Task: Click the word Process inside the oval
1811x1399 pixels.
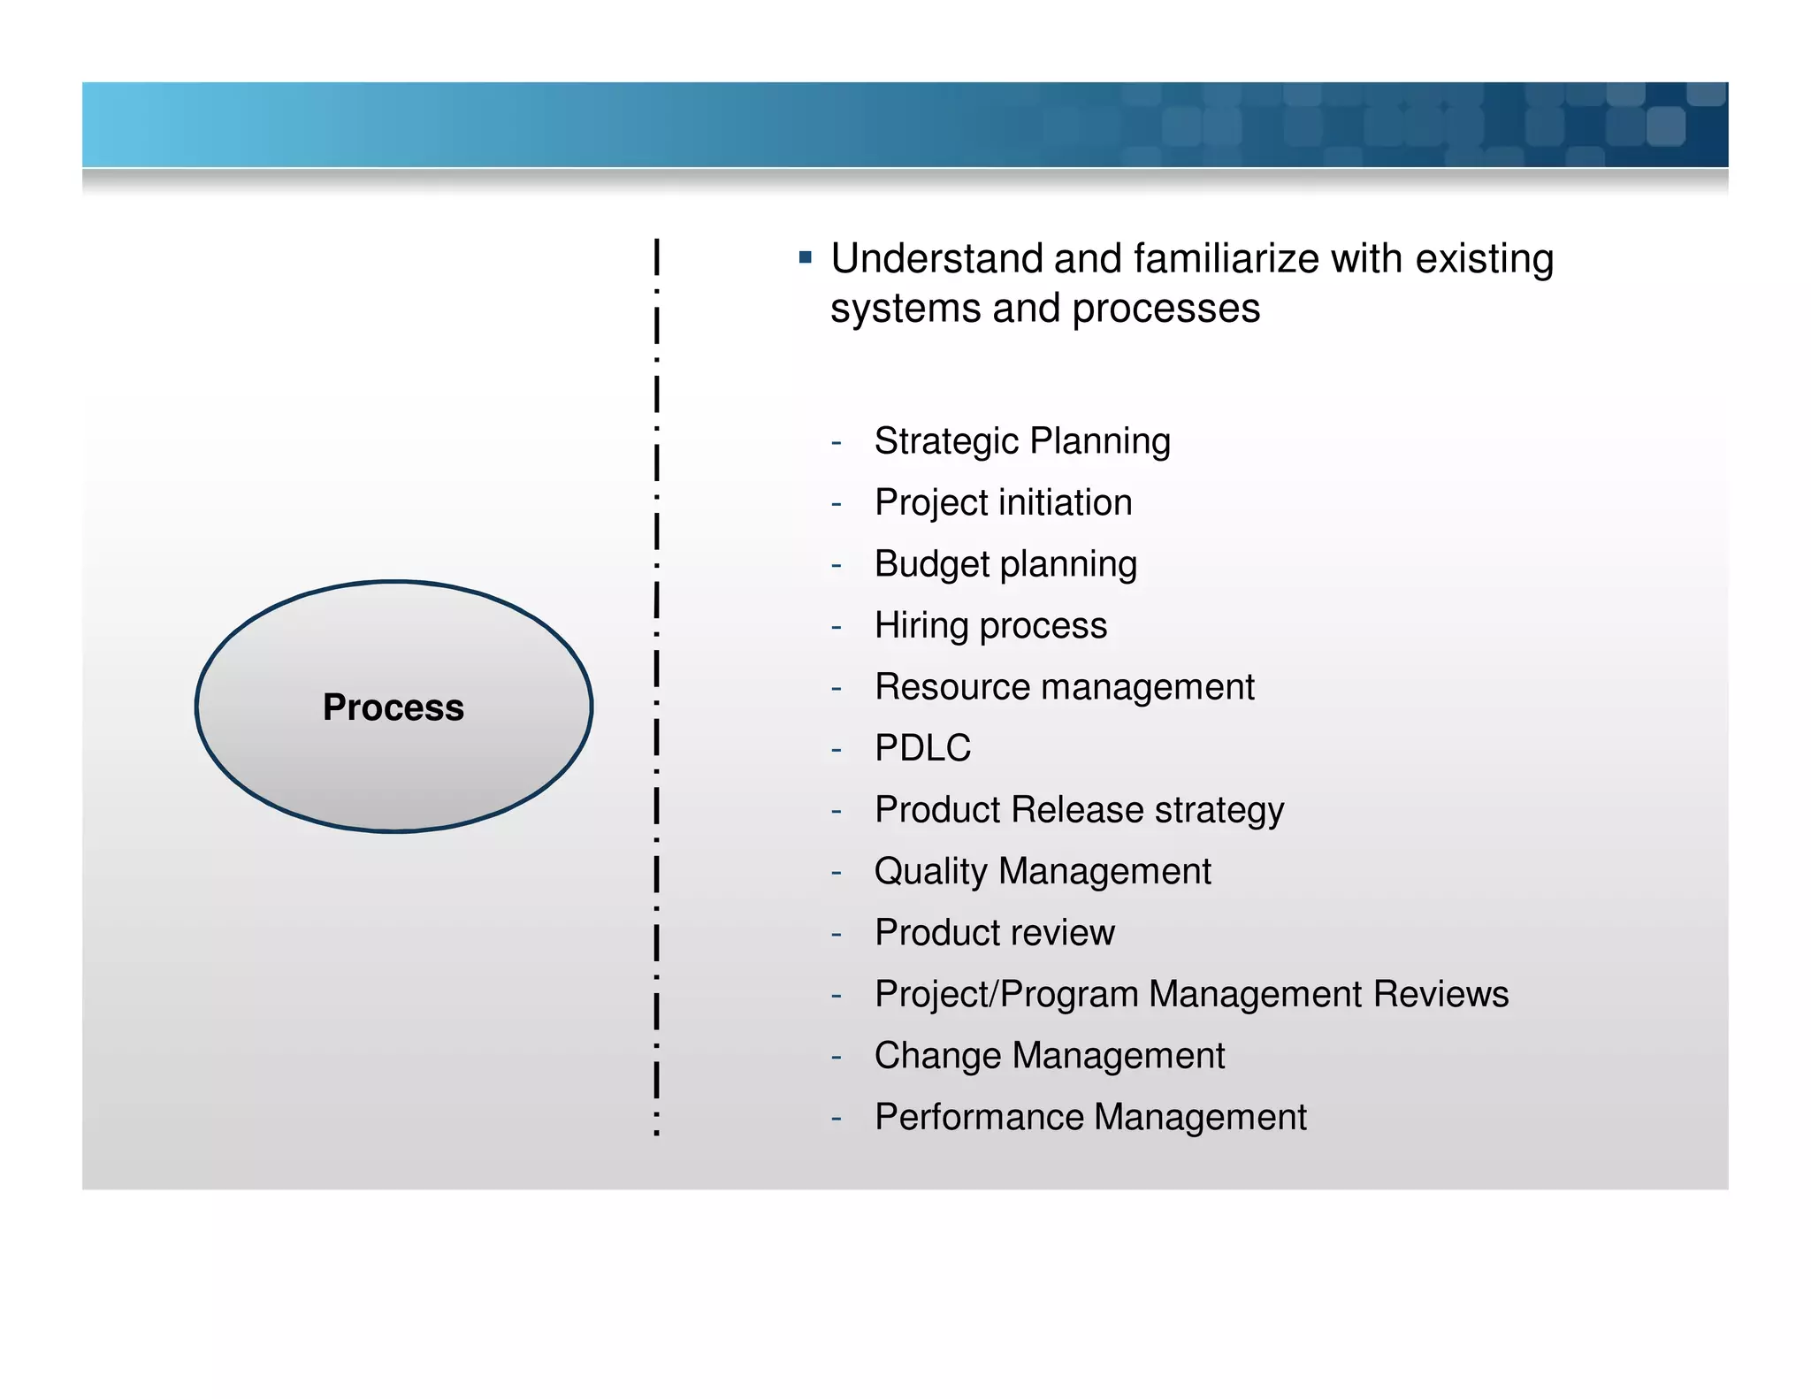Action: [x=393, y=707]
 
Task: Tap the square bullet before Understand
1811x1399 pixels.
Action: [x=805, y=258]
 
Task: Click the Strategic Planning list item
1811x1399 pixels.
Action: [x=1021, y=440]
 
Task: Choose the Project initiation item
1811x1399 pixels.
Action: [x=1003, y=502]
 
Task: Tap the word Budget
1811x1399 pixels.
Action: [x=931, y=564]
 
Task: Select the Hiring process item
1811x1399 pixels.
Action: [x=990, y=625]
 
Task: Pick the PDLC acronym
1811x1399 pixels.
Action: [x=922, y=748]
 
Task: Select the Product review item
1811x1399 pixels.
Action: [x=994, y=933]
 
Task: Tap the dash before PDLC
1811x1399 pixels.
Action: [x=836, y=750]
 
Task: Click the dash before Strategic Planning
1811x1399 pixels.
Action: [x=836, y=442]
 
